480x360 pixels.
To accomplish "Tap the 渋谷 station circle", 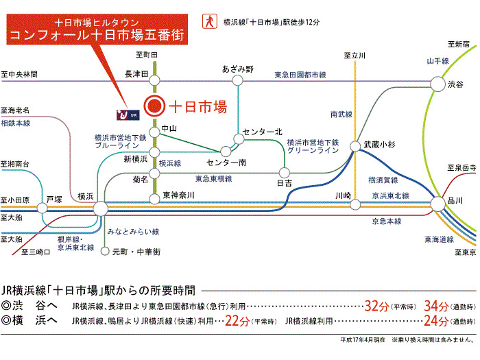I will pos(437,84).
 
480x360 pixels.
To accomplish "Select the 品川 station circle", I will pos(437,203).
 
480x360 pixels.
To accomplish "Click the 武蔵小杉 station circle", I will pos(355,146).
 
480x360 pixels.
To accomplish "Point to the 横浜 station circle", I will pos(101,208).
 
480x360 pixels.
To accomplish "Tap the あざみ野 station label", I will pos(238,69).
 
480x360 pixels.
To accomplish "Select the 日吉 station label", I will pos(283,184).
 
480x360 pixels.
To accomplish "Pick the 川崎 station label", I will pos(344,195).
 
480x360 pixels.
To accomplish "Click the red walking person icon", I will pos(206,22).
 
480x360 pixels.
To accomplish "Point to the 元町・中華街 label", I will pos(137,252).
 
